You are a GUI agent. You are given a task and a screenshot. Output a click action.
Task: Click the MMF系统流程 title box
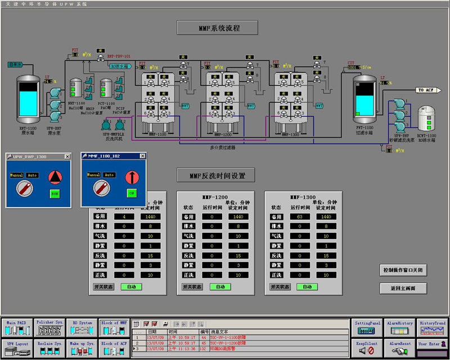point(217,28)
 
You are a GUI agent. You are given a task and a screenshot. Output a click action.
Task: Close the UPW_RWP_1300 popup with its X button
point(67,156)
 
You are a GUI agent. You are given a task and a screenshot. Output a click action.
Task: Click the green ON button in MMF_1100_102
point(132,193)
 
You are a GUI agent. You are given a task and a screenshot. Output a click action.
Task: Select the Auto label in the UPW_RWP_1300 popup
point(33,175)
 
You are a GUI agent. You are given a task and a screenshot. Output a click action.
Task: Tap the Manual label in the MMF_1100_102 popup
point(94,175)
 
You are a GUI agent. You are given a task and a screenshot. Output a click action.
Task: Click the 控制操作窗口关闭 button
point(402,270)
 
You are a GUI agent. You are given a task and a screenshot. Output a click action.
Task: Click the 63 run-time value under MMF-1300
point(300,217)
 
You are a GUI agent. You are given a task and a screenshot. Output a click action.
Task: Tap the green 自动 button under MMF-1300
point(307,286)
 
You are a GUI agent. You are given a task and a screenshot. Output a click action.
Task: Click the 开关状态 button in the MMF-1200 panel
point(192,286)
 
